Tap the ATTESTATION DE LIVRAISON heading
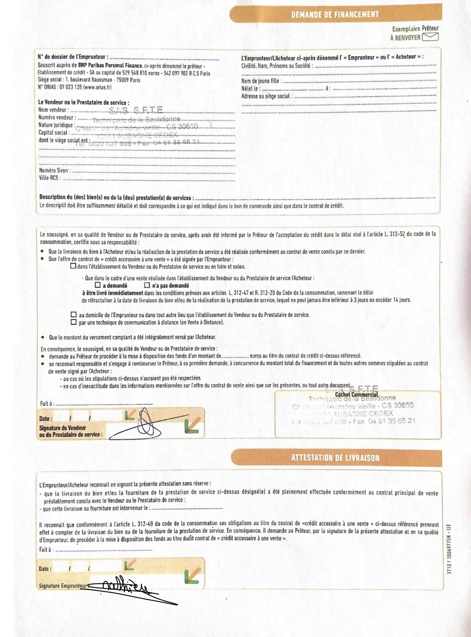click(335, 458)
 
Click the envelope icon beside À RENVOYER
click(430, 37)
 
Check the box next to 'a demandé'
click(98, 285)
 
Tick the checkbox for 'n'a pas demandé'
click(147, 285)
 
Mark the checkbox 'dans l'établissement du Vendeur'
click(73, 266)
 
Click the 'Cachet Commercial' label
click(356, 395)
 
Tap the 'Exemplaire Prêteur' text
click(415, 29)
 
